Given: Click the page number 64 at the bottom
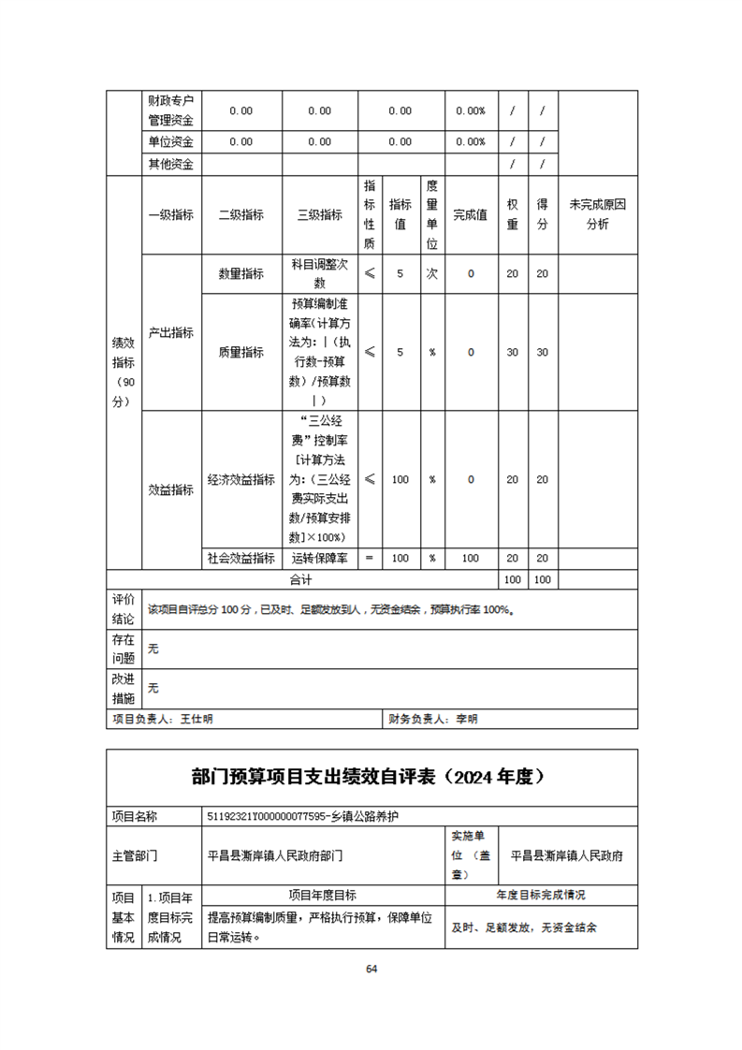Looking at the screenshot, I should [x=371, y=969].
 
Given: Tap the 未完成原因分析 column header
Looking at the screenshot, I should [x=597, y=213].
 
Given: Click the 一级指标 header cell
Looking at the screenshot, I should [x=170, y=214].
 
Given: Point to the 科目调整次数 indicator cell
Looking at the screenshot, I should [x=319, y=273].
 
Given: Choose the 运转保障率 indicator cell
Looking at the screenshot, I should [x=319, y=558].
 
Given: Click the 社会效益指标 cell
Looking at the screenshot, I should [x=241, y=558].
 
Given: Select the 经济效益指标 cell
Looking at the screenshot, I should [x=241, y=479].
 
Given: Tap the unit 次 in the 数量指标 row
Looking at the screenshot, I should [x=432, y=273].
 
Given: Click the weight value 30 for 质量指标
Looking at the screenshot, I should [x=513, y=352].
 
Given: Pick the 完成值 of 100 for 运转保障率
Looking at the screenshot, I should [x=471, y=558].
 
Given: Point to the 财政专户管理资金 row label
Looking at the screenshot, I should [x=170, y=109].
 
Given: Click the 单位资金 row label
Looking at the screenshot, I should [x=170, y=142].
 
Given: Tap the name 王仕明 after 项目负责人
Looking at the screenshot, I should [x=196, y=719].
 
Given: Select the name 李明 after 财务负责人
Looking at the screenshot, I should [x=466, y=719].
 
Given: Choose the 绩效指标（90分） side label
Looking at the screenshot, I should [x=124, y=372].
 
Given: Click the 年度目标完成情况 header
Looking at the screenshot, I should [x=541, y=895].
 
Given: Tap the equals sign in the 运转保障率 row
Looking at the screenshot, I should [x=369, y=558].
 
